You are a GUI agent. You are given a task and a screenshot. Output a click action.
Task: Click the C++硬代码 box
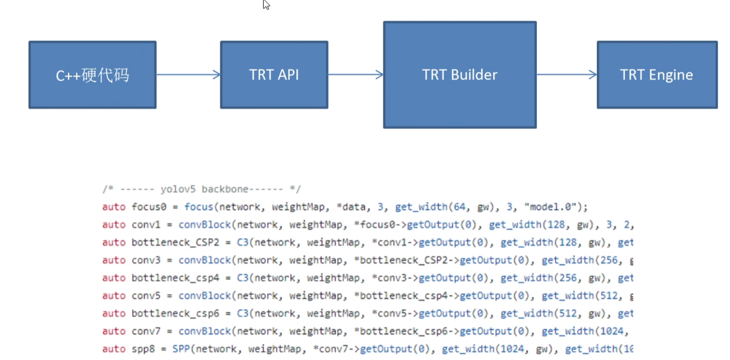tap(92, 75)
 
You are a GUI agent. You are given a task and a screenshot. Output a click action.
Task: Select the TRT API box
tap(274, 75)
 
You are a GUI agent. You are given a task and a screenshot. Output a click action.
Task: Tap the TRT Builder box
tap(460, 75)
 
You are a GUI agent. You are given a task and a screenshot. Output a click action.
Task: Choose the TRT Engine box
tap(657, 75)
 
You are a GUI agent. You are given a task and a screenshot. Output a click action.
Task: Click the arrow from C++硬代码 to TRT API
tap(188, 75)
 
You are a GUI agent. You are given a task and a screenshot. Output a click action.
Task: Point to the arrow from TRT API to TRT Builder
tap(356, 75)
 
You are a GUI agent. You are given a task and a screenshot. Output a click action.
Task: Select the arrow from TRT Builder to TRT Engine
tap(566, 75)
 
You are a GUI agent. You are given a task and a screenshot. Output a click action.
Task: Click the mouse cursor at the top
tap(266, 5)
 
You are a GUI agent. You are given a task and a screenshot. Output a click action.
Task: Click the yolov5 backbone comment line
tap(201, 189)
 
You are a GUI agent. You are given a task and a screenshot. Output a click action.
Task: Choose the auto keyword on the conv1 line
tap(114, 225)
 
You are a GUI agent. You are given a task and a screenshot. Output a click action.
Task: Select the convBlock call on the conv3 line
tap(204, 260)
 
